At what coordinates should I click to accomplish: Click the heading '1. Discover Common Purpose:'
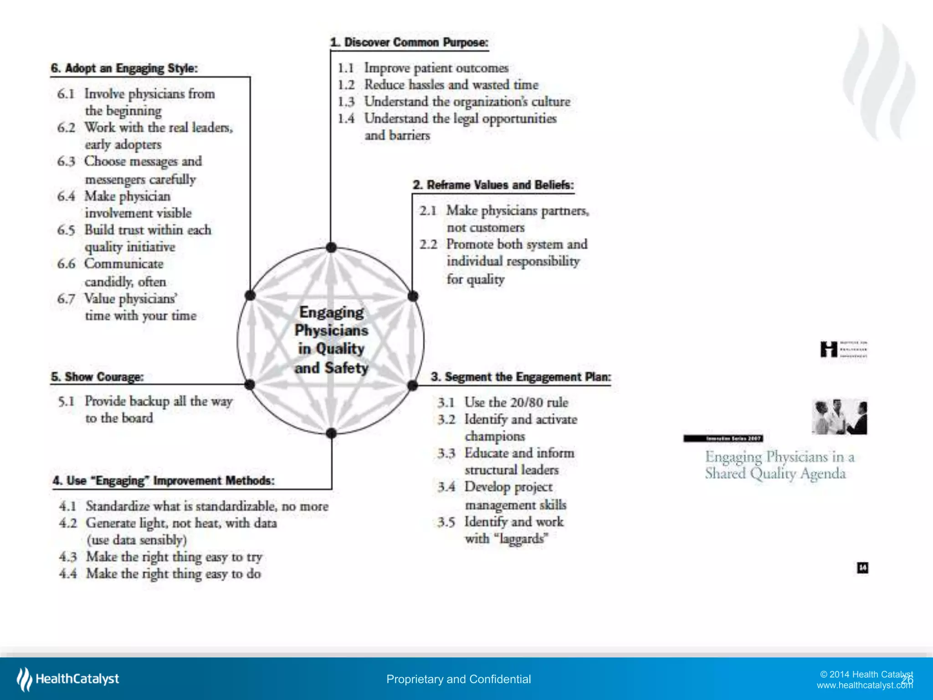pyautogui.click(x=409, y=42)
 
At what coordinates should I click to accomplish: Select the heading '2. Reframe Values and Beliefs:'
pyautogui.click(x=493, y=185)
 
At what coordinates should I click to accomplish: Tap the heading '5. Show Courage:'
pyautogui.click(x=97, y=377)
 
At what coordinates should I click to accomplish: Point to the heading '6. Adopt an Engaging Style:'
pyautogui.click(x=124, y=68)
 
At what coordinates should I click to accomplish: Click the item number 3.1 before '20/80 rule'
pyautogui.click(x=446, y=402)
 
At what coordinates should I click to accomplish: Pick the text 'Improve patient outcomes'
pyautogui.click(x=436, y=68)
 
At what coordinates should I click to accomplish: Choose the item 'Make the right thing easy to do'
pyautogui.click(x=174, y=573)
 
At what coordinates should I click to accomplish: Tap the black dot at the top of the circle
pyautogui.click(x=331, y=247)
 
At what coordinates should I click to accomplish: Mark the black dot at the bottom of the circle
pyautogui.click(x=331, y=433)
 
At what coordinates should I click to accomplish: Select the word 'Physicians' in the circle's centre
pyautogui.click(x=331, y=330)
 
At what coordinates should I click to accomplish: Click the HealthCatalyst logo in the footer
pyautogui.click(x=68, y=679)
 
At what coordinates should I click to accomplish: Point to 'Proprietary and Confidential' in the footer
pyautogui.click(x=458, y=679)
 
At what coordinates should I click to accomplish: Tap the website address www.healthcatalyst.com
pyautogui.click(x=864, y=685)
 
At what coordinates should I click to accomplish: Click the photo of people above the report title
pyautogui.click(x=839, y=417)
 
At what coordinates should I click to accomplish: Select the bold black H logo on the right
pyautogui.click(x=829, y=350)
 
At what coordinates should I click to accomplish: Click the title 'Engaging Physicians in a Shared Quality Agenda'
pyautogui.click(x=779, y=465)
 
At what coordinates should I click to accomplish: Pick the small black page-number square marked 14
pyautogui.click(x=862, y=567)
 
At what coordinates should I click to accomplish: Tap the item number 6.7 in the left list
pyautogui.click(x=66, y=299)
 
